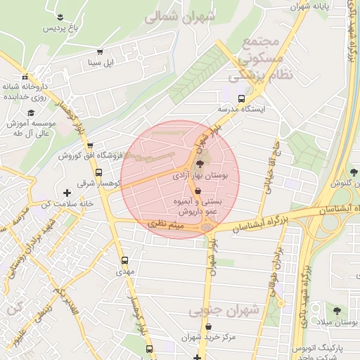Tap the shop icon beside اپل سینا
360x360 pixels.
pos(100,52)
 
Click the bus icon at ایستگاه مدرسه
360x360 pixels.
pos(242,98)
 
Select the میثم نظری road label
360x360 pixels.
pos(166,223)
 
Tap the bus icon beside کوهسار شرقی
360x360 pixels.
pos(98,172)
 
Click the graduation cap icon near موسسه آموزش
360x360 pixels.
pos(30,113)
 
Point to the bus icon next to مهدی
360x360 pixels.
pos(124,259)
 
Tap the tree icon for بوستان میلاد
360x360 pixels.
pos(337,309)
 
